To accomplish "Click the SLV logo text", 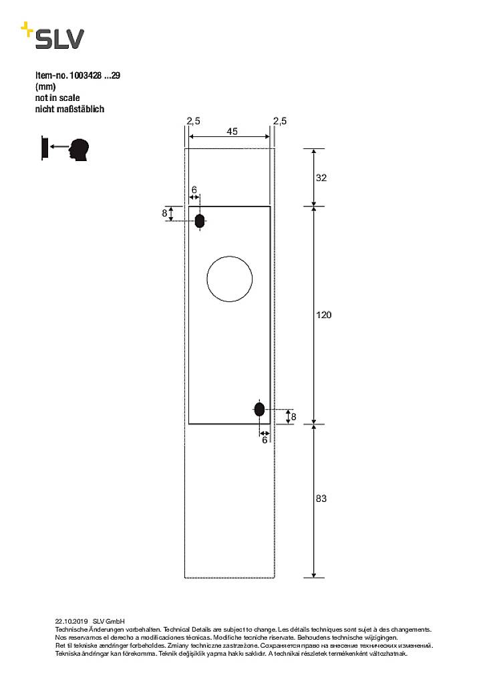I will click(x=60, y=39).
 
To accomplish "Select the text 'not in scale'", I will click(x=57, y=98).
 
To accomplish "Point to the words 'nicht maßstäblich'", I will click(x=69, y=108).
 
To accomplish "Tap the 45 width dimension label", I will click(x=232, y=132).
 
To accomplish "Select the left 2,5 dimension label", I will click(x=193, y=121).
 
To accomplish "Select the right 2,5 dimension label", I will click(x=280, y=121).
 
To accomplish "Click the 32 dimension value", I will click(x=321, y=178).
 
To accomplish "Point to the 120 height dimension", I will click(x=324, y=315).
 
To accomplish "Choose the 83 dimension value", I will click(x=321, y=499).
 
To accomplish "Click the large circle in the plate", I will click(x=230, y=278).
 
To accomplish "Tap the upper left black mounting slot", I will click(x=200, y=221).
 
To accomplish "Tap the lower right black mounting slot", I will click(x=259, y=408).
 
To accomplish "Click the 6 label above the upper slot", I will click(x=194, y=190).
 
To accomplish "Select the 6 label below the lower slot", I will click(x=265, y=440).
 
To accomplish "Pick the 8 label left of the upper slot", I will click(x=164, y=213).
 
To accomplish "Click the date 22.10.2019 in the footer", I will click(x=71, y=621).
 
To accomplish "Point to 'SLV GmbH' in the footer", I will click(x=109, y=621).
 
